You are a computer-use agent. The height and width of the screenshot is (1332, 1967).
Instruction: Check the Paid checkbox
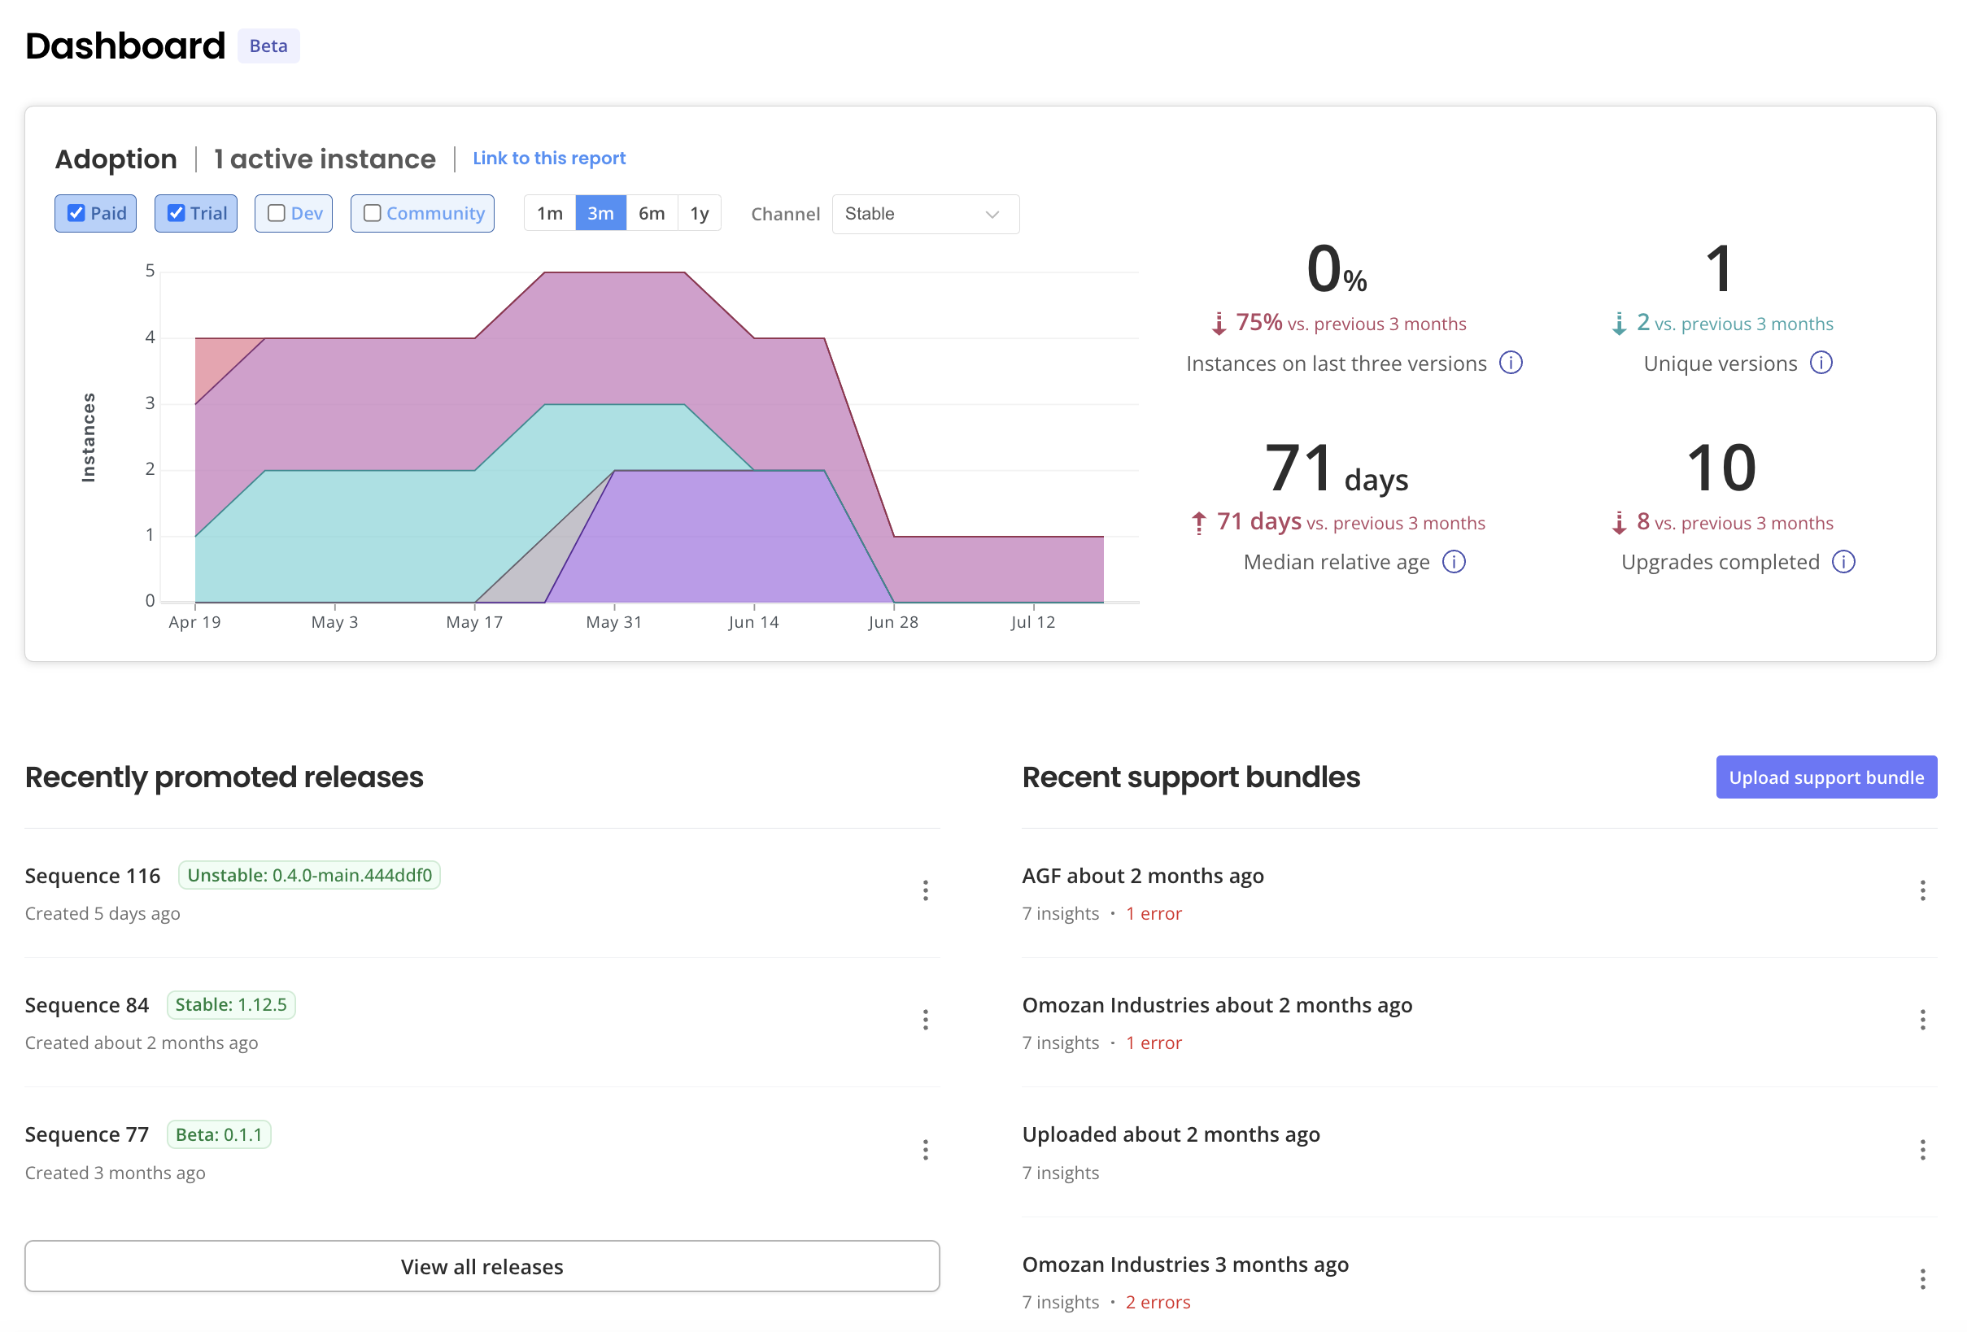[x=76, y=213]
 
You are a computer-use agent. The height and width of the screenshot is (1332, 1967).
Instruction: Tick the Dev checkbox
[x=276, y=213]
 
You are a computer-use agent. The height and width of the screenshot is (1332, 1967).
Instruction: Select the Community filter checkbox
[x=373, y=213]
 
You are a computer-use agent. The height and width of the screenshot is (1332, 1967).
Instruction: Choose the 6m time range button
[x=651, y=213]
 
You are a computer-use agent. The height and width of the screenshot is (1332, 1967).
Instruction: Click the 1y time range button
[x=699, y=213]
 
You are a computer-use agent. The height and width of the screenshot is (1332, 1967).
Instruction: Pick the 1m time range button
[x=549, y=213]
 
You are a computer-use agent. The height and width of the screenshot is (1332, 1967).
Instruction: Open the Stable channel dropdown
[x=925, y=214]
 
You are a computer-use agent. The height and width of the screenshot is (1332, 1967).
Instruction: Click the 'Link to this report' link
[x=548, y=159]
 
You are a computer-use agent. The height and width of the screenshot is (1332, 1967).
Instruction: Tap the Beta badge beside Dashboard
[x=268, y=46]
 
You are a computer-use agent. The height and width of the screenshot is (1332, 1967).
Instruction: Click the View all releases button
[x=482, y=1266]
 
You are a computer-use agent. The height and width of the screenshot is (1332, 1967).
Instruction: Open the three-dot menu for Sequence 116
[x=925, y=890]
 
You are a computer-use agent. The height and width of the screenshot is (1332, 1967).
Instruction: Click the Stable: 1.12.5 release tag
[x=231, y=1004]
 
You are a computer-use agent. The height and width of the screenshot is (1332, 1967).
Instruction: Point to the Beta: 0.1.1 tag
[x=218, y=1134]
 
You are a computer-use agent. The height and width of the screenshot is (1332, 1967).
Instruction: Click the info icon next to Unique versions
[x=1821, y=363]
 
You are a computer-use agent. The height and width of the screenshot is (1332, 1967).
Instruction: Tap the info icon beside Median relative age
[x=1453, y=562]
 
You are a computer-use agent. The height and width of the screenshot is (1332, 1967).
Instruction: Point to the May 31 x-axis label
[x=613, y=622]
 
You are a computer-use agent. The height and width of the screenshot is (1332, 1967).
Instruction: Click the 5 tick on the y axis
[x=150, y=271]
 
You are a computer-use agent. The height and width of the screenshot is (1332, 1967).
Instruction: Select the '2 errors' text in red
[x=1157, y=1302]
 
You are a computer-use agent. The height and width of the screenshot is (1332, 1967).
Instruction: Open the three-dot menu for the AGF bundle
[x=1922, y=890]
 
